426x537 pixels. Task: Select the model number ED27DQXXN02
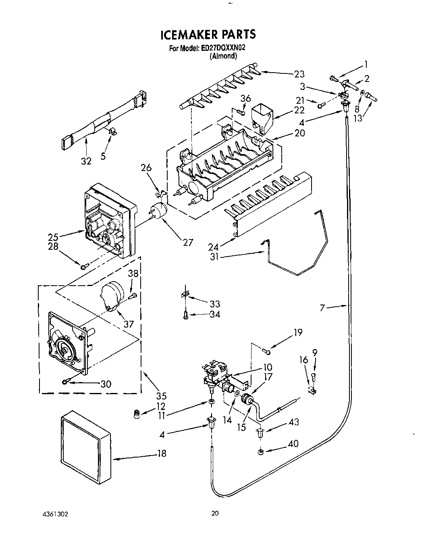tap(224, 48)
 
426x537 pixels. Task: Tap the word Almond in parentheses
tap(223, 56)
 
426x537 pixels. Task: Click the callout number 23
tap(299, 74)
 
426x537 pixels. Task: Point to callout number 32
tap(86, 161)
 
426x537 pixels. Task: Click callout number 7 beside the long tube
tap(322, 308)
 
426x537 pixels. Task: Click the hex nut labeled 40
tap(260, 451)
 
